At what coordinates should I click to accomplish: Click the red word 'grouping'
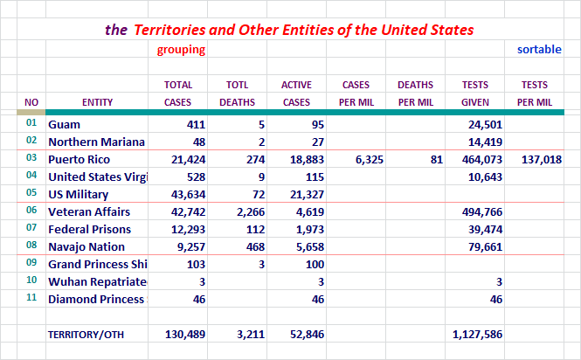pos(181,50)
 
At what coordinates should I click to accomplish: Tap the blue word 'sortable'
pos(539,49)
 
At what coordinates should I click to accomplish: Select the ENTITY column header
pos(97,102)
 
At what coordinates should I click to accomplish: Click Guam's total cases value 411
pos(196,125)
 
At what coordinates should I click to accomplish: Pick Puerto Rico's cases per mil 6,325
pos(370,159)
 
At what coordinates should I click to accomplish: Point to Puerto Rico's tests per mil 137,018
pos(542,159)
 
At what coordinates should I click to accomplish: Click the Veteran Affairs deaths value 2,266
pos(251,211)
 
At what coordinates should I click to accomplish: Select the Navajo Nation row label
pos(86,247)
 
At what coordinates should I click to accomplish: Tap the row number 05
pos(31,192)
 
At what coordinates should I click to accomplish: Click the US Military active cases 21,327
pos(308,194)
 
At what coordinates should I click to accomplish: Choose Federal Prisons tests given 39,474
pos(486,229)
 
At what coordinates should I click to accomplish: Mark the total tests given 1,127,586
pos(477,335)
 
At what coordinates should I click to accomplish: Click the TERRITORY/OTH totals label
pos(86,335)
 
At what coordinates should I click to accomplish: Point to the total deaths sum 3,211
pos(251,335)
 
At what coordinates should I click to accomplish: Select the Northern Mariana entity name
pos(96,142)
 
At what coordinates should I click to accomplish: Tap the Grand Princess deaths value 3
pos(261,265)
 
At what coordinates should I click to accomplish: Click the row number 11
pos(31,297)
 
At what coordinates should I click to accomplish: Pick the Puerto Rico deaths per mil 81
pos(437,159)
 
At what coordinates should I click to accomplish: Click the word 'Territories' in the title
pos(169,30)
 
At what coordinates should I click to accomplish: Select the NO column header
pos(31,102)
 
